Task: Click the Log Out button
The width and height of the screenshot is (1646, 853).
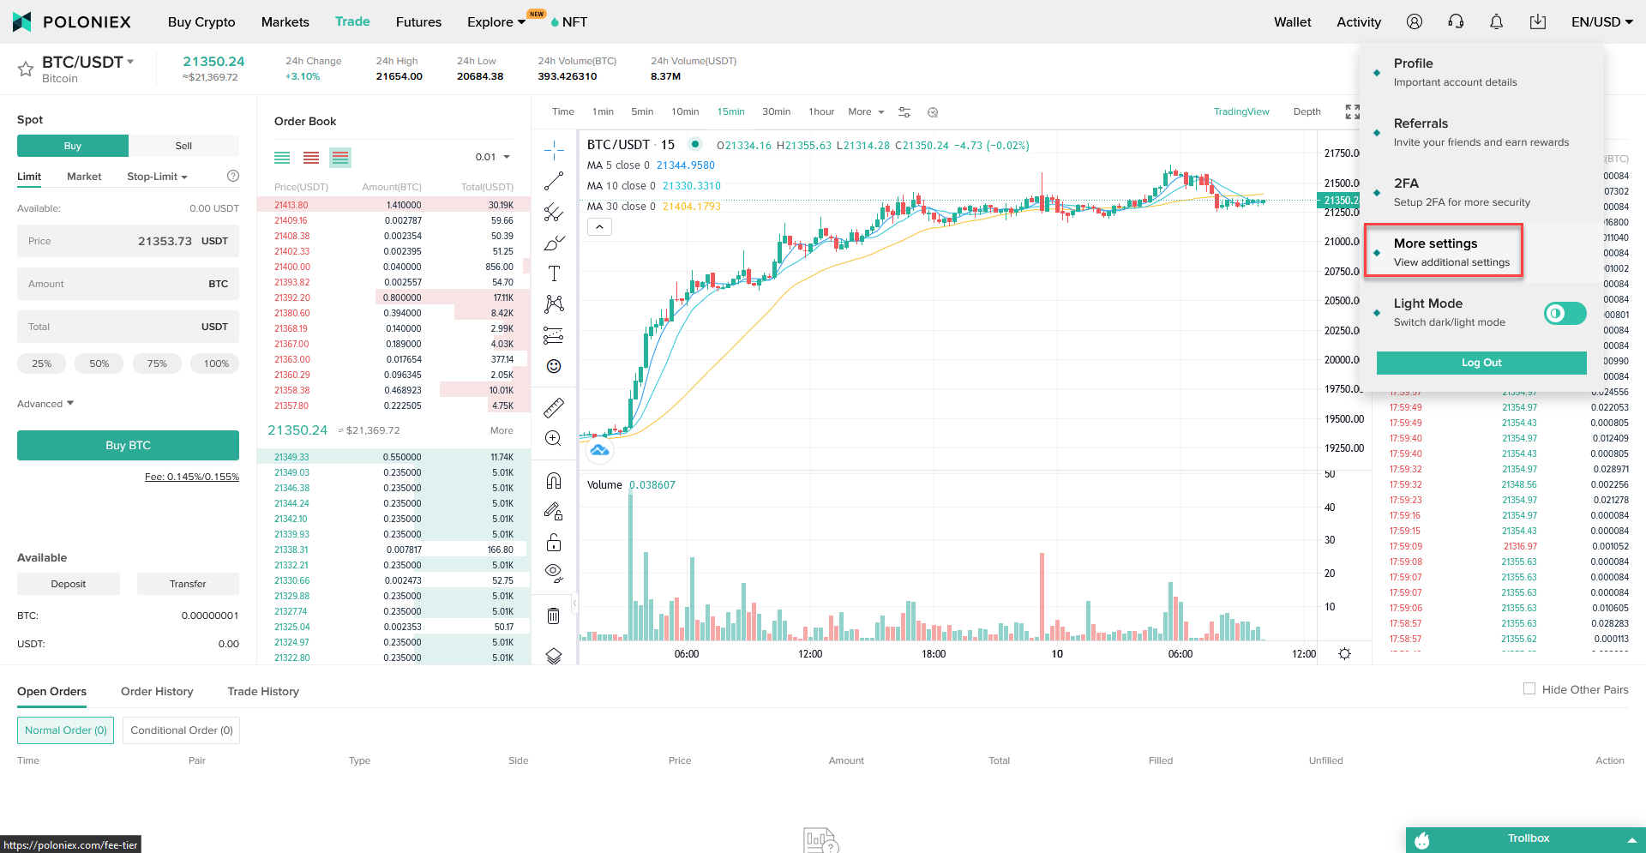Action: tap(1481, 363)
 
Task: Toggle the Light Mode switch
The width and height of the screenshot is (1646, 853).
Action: tap(1565, 314)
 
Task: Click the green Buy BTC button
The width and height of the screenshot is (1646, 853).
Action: tap(128, 446)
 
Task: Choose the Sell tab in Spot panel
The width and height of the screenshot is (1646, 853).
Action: tap(183, 146)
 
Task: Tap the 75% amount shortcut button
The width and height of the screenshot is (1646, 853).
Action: tap(157, 363)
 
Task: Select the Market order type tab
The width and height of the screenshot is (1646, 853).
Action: tap(84, 177)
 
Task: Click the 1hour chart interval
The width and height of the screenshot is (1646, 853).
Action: tap(821, 112)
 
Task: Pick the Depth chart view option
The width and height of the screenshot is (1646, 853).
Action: tap(1307, 112)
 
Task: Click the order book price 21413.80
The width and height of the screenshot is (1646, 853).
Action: tap(291, 206)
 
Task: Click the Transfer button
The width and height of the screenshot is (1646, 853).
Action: tap(188, 584)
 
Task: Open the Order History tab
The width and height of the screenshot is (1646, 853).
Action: tap(157, 692)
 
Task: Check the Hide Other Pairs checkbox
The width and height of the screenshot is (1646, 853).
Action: tap(1529, 689)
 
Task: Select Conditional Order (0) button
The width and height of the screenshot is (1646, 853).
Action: tap(181, 730)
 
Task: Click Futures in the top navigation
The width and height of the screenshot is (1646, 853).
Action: tap(418, 22)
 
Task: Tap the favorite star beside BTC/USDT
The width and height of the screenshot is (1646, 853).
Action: tap(26, 69)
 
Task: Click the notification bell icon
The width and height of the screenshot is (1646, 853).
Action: tap(1496, 22)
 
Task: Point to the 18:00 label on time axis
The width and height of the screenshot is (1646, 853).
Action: tap(934, 654)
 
